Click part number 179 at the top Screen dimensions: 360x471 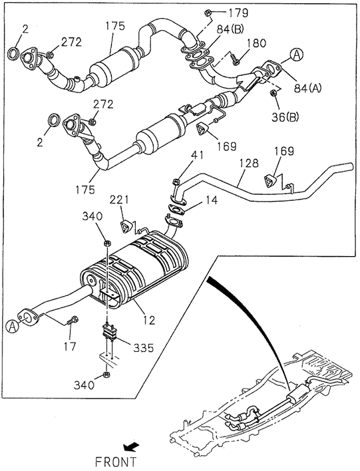click(238, 13)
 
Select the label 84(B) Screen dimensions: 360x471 click(230, 29)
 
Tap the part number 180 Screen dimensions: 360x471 click(256, 43)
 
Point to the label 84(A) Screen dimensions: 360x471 click(307, 88)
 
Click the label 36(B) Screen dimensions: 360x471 click(285, 117)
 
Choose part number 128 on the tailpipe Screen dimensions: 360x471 click(249, 164)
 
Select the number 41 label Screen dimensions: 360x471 click(197, 155)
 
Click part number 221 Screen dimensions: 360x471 click(119, 200)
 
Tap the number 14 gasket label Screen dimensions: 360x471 click(212, 200)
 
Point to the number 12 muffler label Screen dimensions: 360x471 click(149, 320)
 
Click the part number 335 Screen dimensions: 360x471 click(144, 348)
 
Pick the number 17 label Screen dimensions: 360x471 click(70, 347)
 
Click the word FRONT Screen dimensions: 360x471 click(116, 462)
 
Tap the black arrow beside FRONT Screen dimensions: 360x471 click(132, 447)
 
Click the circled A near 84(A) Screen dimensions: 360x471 click(297, 55)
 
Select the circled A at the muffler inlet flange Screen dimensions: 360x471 click(12, 326)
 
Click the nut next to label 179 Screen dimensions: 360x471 click(207, 13)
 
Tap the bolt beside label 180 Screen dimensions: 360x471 click(235, 59)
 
